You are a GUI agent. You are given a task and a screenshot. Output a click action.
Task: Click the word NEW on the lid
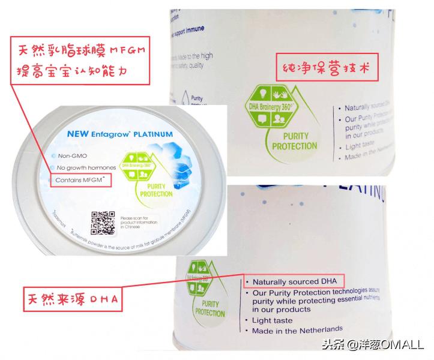77,134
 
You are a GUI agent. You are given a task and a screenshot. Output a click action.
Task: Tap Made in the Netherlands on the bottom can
298,329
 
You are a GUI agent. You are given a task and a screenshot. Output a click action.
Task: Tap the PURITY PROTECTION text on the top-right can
295,140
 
